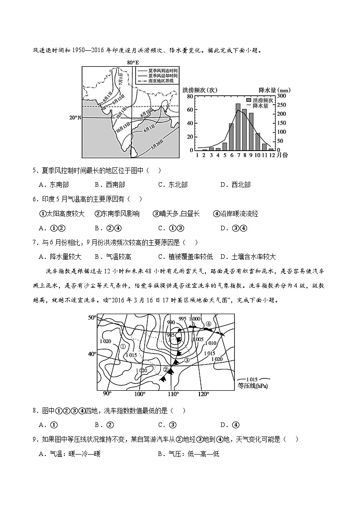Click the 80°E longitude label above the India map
click(132, 63)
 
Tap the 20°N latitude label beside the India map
click(75, 118)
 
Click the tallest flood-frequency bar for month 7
click(238, 127)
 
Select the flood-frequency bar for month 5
click(224, 146)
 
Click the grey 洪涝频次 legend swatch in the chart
click(248, 99)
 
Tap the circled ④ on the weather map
click(209, 324)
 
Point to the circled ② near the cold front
click(166, 370)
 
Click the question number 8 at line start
click(34, 411)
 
